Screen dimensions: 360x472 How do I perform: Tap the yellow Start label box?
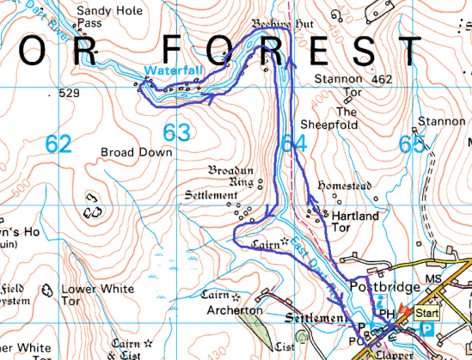click(x=426, y=314)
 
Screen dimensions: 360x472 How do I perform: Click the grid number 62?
click(x=58, y=143)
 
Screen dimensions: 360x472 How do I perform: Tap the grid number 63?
click(x=176, y=131)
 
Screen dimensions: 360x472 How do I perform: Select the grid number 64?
click(x=293, y=143)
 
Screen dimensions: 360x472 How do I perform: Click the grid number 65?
click(x=412, y=144)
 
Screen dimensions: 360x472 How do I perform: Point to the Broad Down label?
click(x=137, y=152)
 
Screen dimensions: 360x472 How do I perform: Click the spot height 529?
click(x=70, y=92)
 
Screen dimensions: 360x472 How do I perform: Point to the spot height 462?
click(x=383, y=79)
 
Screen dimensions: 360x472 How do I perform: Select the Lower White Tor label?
click(x=97, y=290)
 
